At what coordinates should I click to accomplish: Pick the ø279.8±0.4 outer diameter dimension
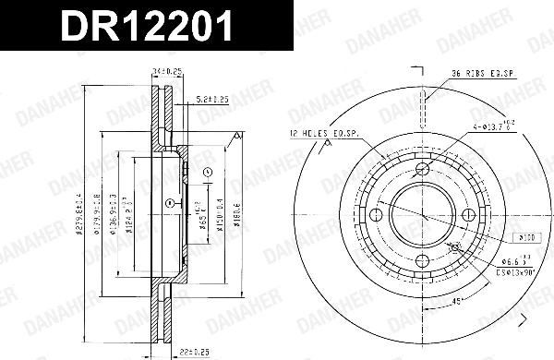(x=80, y=214)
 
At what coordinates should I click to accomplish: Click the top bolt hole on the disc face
(x=423, y=169)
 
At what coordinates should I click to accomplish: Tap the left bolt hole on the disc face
(x=376, y=215)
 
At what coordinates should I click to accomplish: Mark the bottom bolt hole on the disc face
(x=423, y=262)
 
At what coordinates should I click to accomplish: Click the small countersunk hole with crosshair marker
(x=455, y=247)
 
